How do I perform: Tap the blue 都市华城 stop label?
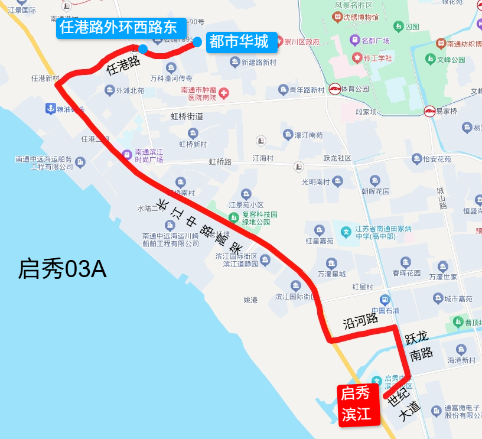coord(239,42)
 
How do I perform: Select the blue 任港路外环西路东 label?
coord(118,28)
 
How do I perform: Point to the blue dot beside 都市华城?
coord(197,42)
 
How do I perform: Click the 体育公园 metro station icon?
coord(335,89)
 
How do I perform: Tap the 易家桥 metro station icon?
coord(429,111)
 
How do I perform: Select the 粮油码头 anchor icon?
coord(51,109)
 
